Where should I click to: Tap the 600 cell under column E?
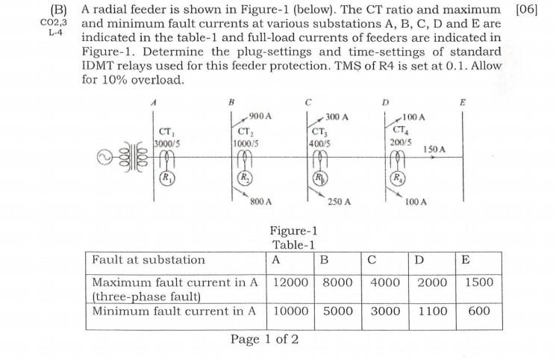click(478, 310)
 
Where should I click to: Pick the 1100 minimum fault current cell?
click(432, 310)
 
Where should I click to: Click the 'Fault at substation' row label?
click(148, 260)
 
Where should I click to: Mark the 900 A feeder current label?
click(260, 117)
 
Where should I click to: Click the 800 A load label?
click(260, 202)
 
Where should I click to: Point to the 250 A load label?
click(340, 202)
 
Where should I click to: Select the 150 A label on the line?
click(434, 149)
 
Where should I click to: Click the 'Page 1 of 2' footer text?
click(265, 340)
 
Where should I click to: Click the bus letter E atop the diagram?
click(462, 102)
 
